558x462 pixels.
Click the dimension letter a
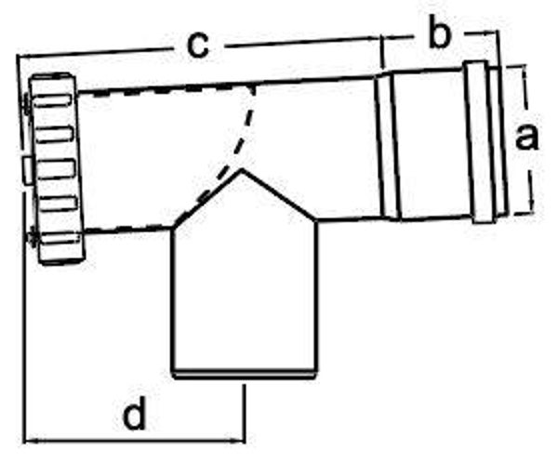click(x=526, y=138)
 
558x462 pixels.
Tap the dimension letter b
click(x=440, y=34)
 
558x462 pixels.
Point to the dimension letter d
click(x=136, y=415)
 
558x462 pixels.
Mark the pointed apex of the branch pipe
click(x=243, y=170)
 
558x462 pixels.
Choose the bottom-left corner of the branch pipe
click(x=174, y=372)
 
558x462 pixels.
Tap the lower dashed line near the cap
click(x=121, y=229)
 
